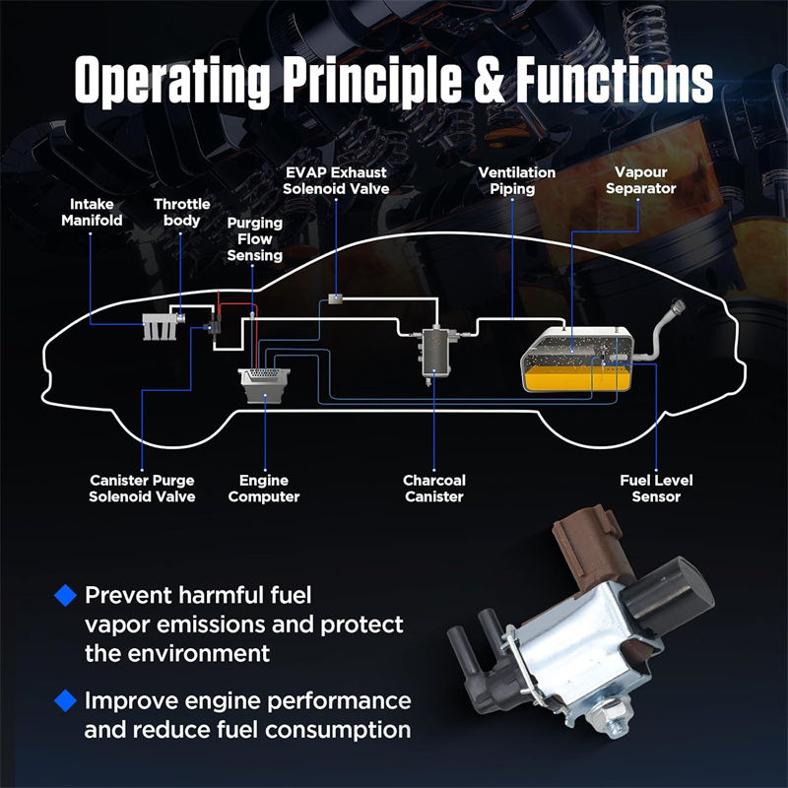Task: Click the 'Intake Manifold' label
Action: click(x=92, y=212)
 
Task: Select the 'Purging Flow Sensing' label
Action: click(x=254, y=239)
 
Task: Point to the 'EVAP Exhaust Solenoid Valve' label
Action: click(x=336, y=180)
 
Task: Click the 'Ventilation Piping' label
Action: click(x=517, y=180)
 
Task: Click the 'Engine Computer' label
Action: click(x=263, y=489)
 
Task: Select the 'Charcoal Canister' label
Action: click(x=434, y=489)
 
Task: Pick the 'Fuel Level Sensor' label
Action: click(x=656, y=489)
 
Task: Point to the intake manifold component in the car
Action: click(x=157, y=327)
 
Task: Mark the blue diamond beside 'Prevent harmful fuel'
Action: click(x=65, y=595)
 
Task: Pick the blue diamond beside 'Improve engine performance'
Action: click(x=65, y=701)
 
